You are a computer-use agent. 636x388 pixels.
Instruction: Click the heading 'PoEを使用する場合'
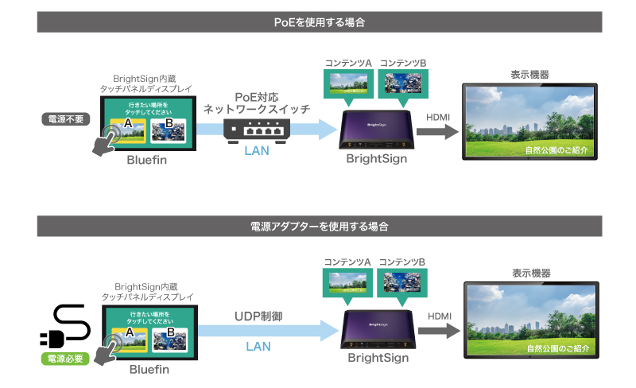click(x=318, y=22)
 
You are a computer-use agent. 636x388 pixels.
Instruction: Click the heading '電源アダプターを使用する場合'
click(x=318, y=226)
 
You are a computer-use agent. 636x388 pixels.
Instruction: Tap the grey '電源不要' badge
click(x=66, y=120)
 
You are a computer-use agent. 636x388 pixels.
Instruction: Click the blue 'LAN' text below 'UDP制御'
click(x=259, y=347)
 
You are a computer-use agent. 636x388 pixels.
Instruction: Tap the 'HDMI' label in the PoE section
click(x=438, y=118)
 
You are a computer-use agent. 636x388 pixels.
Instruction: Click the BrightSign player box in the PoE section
click(x=376, y=130)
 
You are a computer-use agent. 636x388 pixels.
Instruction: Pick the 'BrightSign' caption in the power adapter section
click(x=378, y=358)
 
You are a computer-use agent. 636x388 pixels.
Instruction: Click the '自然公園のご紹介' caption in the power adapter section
click(x=560, y=348)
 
